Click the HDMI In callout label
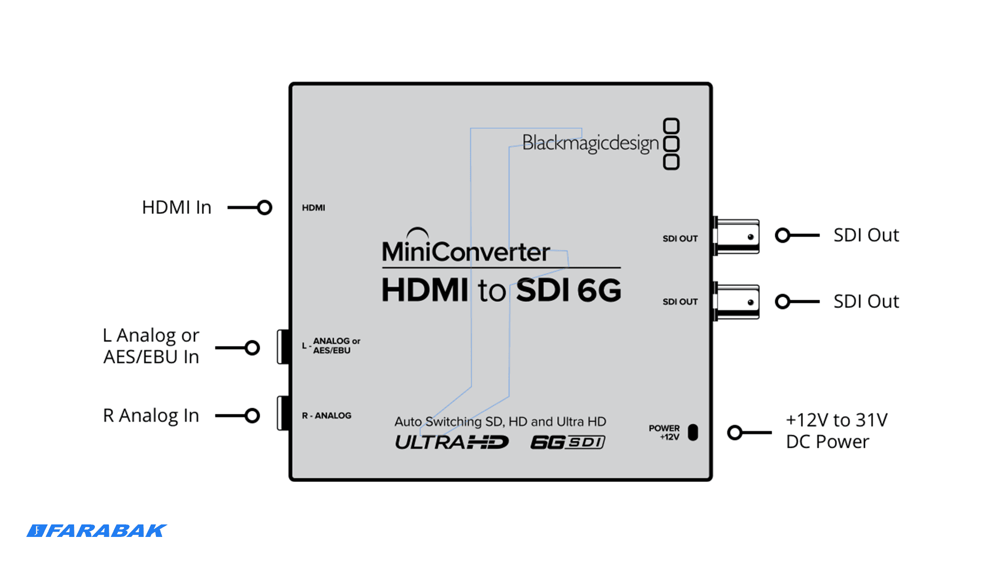(x=177, y=207)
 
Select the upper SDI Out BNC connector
(x=736, y=236)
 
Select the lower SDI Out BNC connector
(x=736, y=301)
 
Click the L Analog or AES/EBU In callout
(x=151, y=346)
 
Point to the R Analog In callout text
(x=151, y=415)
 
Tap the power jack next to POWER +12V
(x=693, y=432)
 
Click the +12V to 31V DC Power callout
(x=837, y=431)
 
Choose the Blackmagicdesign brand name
(x=591, y=143)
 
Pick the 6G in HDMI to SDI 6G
(x=600, y=290)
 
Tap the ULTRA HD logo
(x=451, y=443)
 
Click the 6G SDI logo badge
(x=568, y=443)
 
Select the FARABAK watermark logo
(x=97, y=531)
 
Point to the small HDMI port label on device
(x=313, y=207)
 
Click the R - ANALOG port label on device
(x=326, y=415)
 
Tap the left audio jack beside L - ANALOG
(x=284, y=347)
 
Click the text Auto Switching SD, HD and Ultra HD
(x=500, y=421)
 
